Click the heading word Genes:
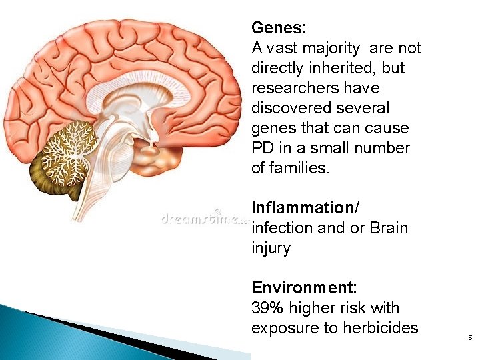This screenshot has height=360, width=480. pyautogui.click(x=279, y=29)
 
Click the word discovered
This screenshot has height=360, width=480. pyautogui.click(x=291, y=108)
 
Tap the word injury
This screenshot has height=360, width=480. pyautogui.click(x=271, y=249)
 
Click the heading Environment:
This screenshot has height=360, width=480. pyautogui.click(x=304, y=288)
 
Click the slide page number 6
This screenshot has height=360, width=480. pyautogui.click(x=470, y=339)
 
